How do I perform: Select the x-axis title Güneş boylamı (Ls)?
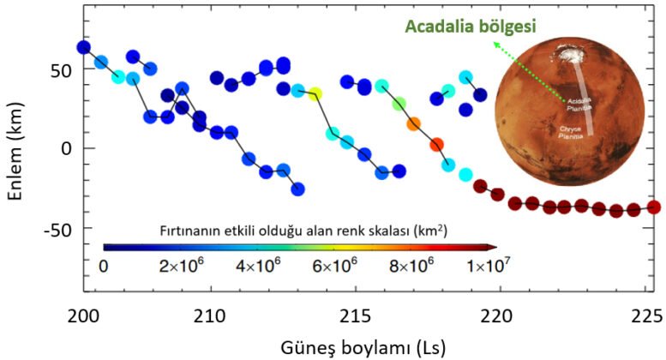pyautogui.click(x=360, y=346)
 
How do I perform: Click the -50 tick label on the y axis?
pyautogui.click(x=56, y=229)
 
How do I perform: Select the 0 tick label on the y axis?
pyautogui.click(x=67, y=148)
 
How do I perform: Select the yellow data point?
pyautogui.click(x=315, y=93)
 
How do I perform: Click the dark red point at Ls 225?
pyautogui.click(x=653, y=207)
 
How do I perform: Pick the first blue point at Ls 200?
pyautogui.click(x=83, y=47)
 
